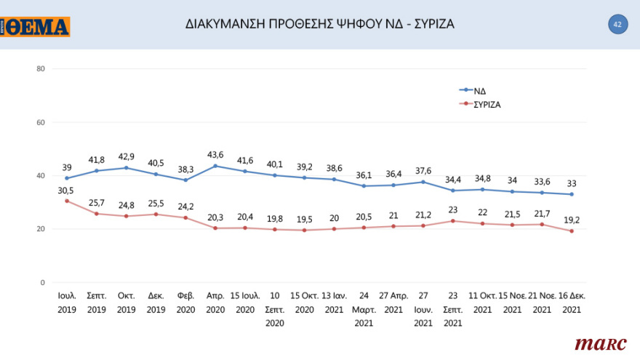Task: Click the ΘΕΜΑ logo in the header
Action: point(36,27)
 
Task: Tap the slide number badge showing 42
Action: point(617,24)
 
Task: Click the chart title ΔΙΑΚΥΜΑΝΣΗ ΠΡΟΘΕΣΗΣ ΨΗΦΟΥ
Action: point(320,24)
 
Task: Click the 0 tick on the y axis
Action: point(42,282)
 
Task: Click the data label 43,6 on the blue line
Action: point(217,155)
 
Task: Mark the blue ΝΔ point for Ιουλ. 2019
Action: point(67,178)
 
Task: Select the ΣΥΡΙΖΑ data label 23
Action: point(454,210)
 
